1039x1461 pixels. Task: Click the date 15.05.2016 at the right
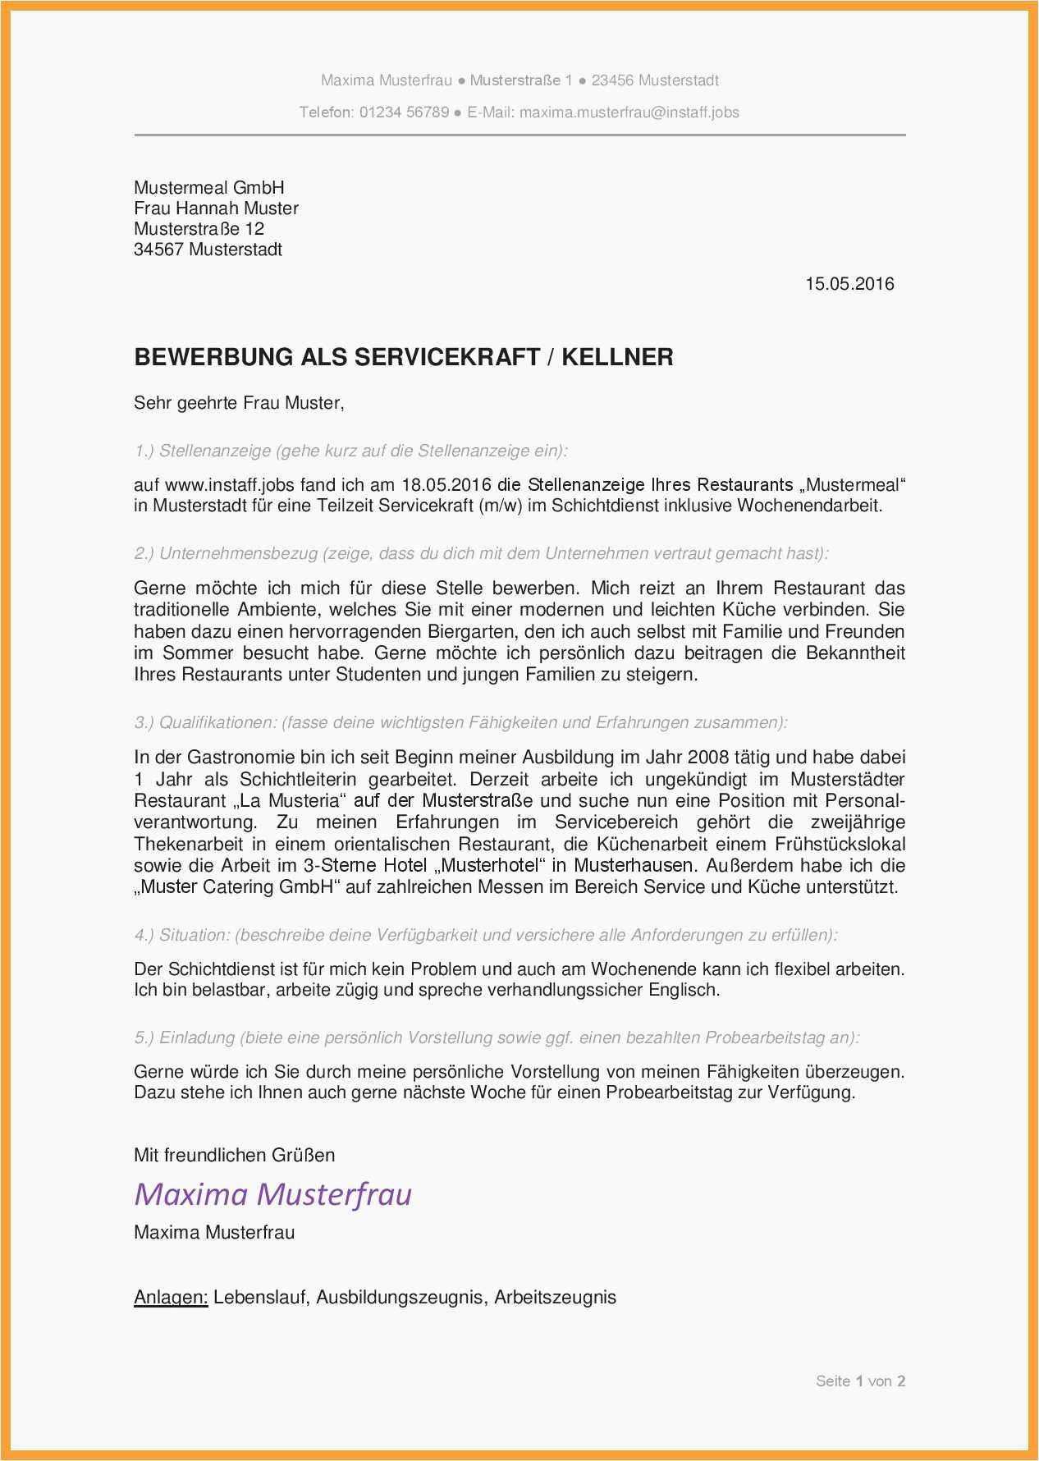pyautogui.click(x=849, y=284)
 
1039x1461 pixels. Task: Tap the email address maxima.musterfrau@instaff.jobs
pyautogui.click(x=629, y=112)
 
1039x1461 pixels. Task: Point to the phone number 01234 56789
pyautogui.click(x=404, y=112)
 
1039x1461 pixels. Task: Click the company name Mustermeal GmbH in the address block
pyautogui.click(x=208, y=188)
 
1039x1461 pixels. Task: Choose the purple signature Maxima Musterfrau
pyautogui.click(x=272, y=1193)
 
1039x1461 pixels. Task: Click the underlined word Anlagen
pyautogui.click(x=171, y=1298)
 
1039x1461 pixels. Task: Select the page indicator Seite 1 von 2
pyautogui.click(x=860, y=1381)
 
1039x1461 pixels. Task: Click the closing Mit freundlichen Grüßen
pyautogui.click(x=234, y=1155)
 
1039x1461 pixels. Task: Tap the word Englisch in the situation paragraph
pyautogui.click(x=684, y=990)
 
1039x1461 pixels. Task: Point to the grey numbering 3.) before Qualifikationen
pyautogui.click(x=144, y=723)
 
